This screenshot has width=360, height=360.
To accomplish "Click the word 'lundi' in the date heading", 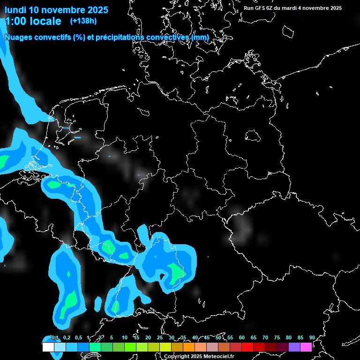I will (15, 10).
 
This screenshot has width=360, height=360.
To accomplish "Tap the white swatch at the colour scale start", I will (48, 347).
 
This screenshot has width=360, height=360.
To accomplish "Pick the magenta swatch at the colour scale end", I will (306, 347).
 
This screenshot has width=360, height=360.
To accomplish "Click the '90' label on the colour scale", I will (312, 338).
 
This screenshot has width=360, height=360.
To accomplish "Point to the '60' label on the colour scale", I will (242, 338).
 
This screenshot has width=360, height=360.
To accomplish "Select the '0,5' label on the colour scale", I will (78, 338).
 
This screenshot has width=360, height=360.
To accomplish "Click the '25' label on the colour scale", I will (160, 338).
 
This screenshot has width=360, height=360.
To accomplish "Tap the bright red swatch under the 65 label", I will (247, 347).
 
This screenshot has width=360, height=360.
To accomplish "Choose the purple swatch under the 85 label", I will (294, 347).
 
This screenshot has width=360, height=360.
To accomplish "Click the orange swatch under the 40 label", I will (189, 347).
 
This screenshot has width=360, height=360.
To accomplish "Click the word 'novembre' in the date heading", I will (61, 10).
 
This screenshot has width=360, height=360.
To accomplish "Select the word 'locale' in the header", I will (45, 21).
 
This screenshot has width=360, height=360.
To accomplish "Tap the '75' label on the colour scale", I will (277, 338).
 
